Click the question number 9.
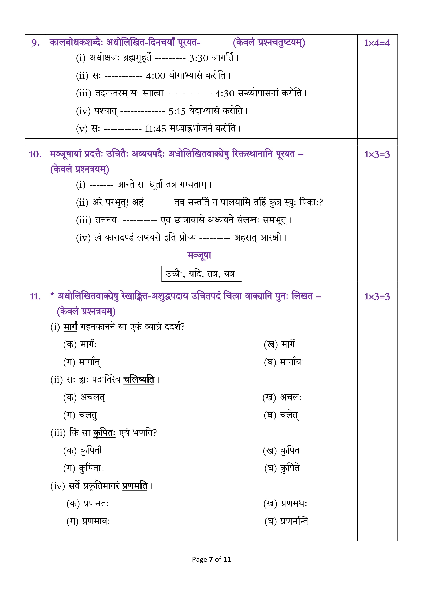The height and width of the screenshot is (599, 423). coord(35,43)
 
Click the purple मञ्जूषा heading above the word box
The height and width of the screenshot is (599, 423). coord(199,255)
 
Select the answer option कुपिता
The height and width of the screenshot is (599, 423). coord(291,450)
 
